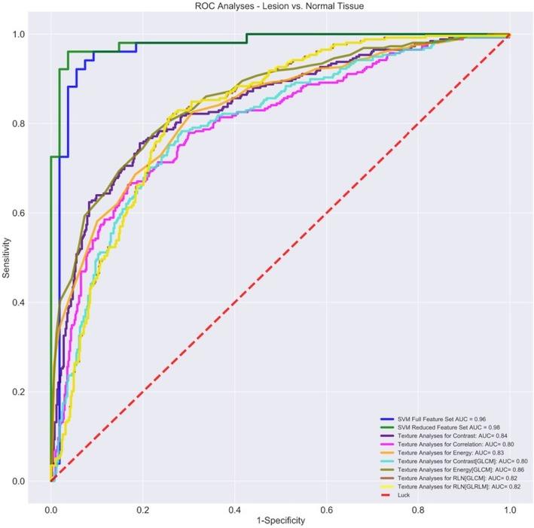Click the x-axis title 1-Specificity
click(280, 520)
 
